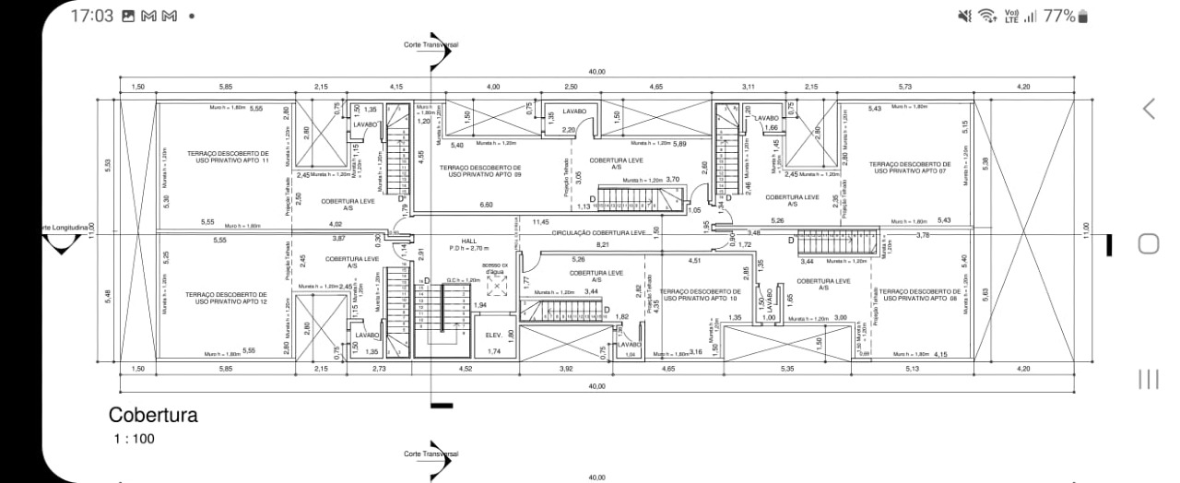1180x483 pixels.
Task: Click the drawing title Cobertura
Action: [x=153, y=416]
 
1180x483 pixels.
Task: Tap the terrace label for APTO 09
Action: [x=479, y=171]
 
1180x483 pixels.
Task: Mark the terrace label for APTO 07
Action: [x=908, y=167]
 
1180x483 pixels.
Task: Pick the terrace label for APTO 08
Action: [x=920, y=294]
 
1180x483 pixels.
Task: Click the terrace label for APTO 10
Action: [x=701, y=294]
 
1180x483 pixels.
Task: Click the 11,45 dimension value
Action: [x=541, y=223]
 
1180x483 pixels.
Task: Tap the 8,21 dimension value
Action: [x=603, y=244]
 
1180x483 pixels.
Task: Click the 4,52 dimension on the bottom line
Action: [x=466, y=370]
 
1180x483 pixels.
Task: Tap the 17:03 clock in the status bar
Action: [x=90, y=17]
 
